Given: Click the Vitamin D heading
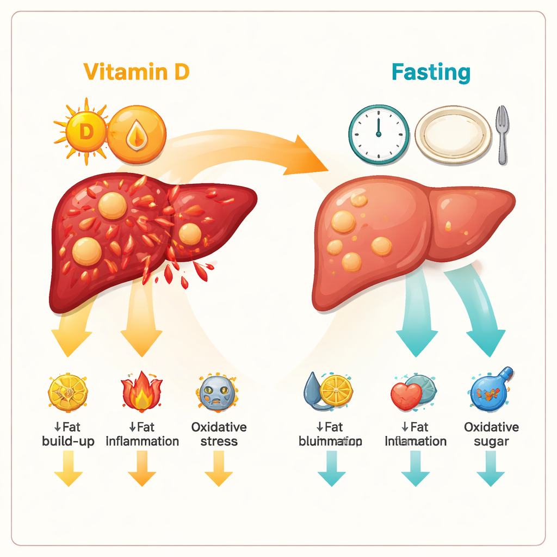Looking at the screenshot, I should [137, 71].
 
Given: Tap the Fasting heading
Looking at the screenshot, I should [431, 72].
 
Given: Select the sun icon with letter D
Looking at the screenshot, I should [84, 131].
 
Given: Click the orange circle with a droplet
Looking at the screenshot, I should [136, 134].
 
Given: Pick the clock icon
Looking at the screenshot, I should [379, 134].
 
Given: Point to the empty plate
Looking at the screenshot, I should [453, 134].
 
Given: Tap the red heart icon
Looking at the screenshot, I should [405, 396].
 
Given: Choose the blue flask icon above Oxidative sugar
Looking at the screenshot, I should [491, 391].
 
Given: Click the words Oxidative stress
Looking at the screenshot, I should [219, 434].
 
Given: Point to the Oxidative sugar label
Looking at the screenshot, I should [491, 434].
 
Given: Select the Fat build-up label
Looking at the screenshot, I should [68, 434].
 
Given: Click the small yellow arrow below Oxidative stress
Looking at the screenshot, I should [219, 469].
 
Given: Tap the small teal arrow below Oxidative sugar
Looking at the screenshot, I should [491, 469].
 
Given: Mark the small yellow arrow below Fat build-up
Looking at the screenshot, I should [68, 469].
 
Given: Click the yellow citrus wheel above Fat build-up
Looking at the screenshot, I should [68, 392].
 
